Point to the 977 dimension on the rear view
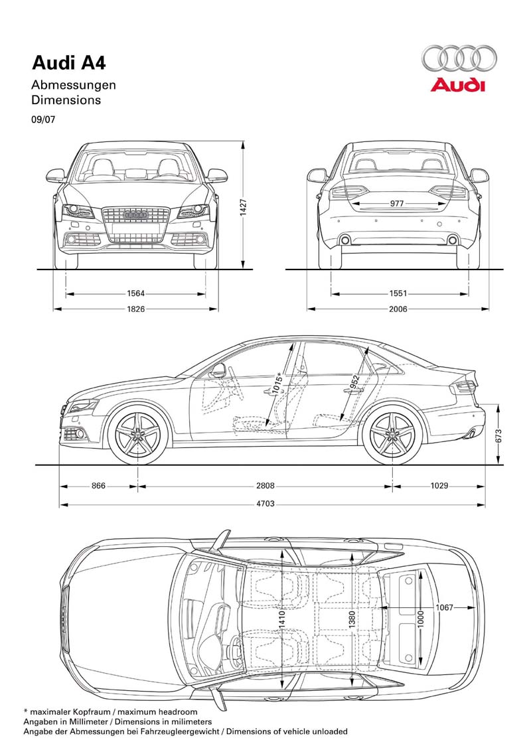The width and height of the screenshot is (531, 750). pos(396,204)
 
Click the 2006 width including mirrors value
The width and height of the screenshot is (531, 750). pos(398,309)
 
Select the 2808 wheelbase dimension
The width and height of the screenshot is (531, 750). pos(265,486)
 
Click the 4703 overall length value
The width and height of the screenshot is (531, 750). pos(265,504)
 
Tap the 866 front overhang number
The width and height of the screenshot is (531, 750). pos(98,486)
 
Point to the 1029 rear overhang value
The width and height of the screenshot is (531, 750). pos(438,486)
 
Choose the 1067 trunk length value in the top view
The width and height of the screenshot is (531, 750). pos(444,608)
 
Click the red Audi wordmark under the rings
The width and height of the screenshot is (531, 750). pos(458,85)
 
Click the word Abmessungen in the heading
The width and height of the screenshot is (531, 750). pos(74,85)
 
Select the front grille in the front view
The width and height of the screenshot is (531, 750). pos(136,219)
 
